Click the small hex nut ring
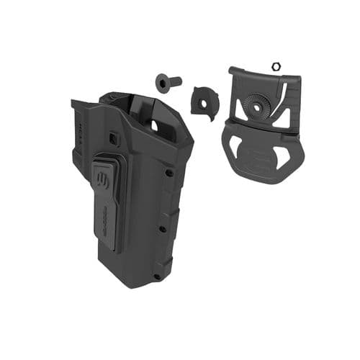tap(274, 66)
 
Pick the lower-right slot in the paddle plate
tap(284, 155)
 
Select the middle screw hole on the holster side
tap(163, 230)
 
